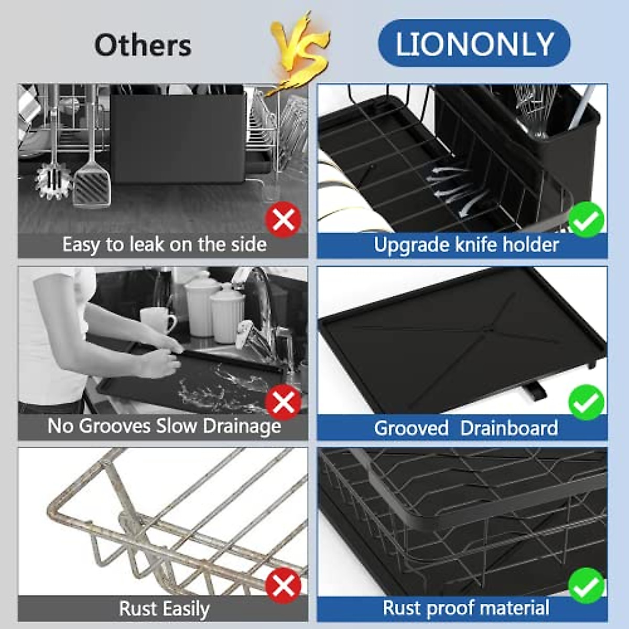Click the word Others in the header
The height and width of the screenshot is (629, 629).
[x=143, y=45]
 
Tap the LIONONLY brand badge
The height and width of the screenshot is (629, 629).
[x=474, y=44]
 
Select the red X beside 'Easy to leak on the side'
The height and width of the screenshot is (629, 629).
[x=283, y=220]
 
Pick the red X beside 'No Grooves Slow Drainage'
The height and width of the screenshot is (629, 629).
[x=283, y=403]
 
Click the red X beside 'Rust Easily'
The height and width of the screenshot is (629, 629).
[x=283, y=585]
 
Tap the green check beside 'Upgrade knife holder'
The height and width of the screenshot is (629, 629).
[x=587, y=220]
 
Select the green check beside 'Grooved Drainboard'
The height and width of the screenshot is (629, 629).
[x=587, y=403]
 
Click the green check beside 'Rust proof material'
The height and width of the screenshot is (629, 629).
[x=587, y=585]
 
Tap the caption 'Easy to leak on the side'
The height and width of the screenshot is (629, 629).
[x=164, y=245]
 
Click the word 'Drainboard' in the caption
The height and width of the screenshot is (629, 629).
[x=509, y=428]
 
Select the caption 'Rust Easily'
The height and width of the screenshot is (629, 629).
[x=164, y=609]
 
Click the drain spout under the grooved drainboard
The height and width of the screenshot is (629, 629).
[x=535, y=391]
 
